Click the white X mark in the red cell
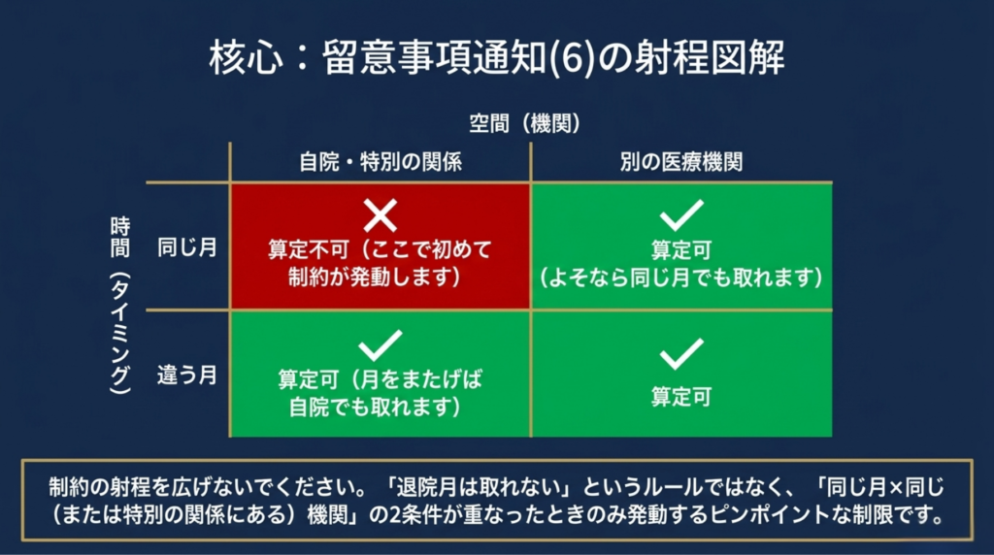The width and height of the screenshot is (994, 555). coord(381,215)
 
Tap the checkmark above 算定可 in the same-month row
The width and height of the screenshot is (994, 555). coord(681,215)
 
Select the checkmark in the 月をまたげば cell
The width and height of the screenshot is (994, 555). coord(381,346)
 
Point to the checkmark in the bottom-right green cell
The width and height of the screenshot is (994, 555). coord(681,354)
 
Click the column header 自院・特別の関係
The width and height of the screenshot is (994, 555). coord(381,162)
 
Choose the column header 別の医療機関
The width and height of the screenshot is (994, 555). coord(681,162)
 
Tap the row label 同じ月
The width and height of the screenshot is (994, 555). coord(187,247)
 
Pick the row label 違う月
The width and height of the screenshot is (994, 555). coord(187,375)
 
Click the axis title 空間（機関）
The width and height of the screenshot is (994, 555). coord(524,123)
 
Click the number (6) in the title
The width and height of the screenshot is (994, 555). coord(571,57)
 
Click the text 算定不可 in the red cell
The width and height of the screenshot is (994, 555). coord(309,249)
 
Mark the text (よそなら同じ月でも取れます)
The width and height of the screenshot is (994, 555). coord(681,277)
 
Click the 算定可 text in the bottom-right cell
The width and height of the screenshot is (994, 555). coord(681,397)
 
